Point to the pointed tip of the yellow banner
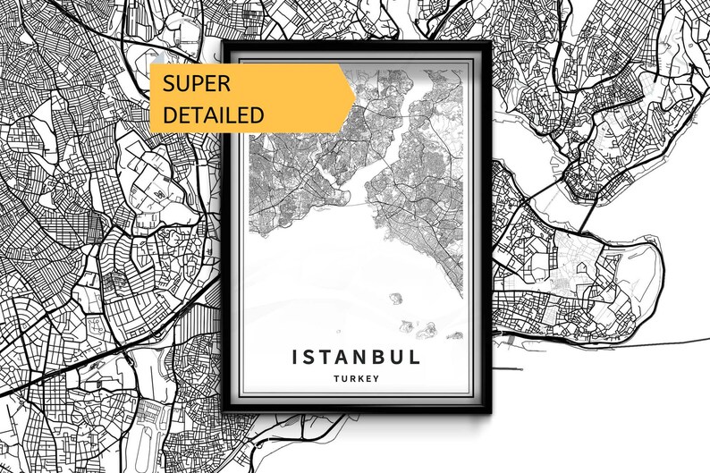point(355,89)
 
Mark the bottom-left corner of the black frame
point(226,414)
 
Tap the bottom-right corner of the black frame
point(487,414)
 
